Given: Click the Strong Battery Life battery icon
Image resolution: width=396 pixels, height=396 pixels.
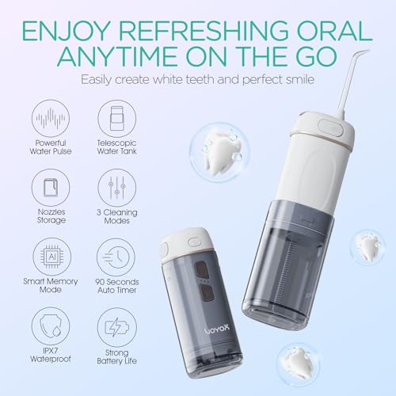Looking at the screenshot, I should pos(117,328).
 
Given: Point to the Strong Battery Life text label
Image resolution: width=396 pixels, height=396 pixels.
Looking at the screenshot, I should pos(117,364).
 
